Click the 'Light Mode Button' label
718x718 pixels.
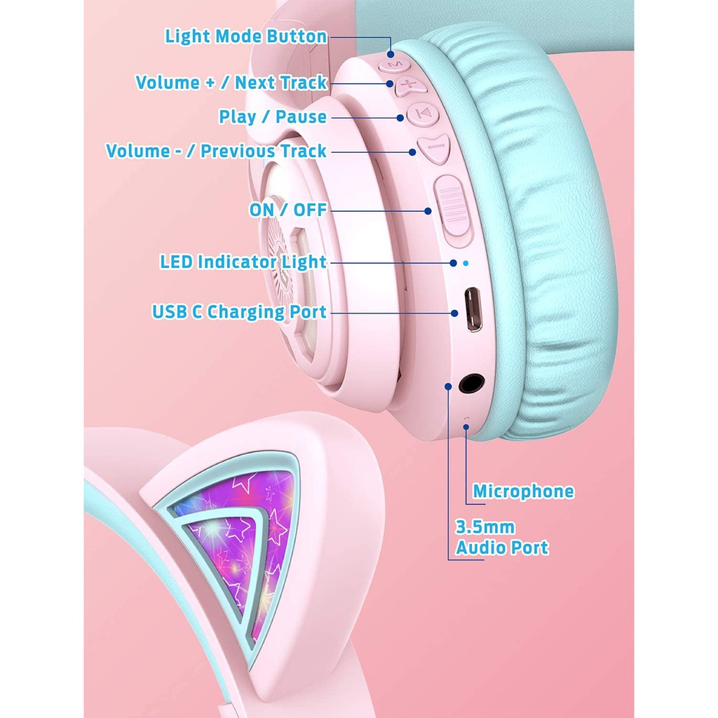246,36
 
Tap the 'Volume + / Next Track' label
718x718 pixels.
231,83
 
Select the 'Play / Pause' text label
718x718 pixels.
273,117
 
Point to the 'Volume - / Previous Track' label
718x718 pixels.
216,151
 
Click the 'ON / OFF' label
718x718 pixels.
287,210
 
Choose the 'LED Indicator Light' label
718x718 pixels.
243,262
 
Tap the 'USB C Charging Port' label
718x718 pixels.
239,312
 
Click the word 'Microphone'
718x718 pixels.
523,492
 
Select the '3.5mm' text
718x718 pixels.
485,527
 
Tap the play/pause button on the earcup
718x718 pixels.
423,113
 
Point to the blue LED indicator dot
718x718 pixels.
466,263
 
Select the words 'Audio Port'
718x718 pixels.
502,548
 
